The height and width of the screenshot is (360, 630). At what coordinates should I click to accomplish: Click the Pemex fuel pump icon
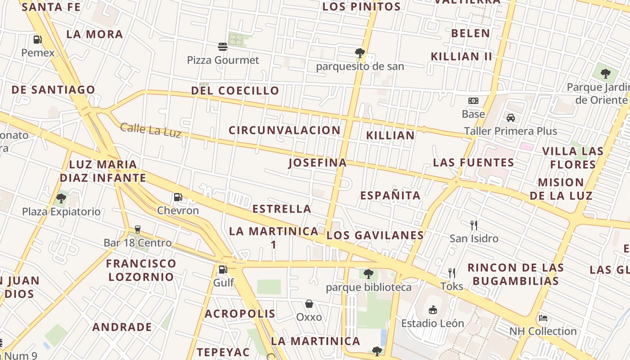(38, 40)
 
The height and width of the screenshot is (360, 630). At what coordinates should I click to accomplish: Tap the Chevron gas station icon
(178, 197)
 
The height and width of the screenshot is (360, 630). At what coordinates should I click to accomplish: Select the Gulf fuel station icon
(223, 270)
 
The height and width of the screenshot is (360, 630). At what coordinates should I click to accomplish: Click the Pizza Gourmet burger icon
(223, 46)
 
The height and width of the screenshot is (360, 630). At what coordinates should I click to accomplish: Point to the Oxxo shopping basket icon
(309, 304)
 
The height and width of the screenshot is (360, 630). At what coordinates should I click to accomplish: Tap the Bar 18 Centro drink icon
(138, 229)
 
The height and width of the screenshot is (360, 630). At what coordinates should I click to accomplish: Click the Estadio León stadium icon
(432, 310)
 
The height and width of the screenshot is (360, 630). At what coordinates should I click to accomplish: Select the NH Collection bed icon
(543, 318)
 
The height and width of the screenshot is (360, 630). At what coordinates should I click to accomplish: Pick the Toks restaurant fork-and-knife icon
(452, 273)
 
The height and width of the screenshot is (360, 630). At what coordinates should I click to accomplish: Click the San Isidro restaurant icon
(473, 225)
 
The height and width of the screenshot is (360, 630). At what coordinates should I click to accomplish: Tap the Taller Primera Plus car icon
(510, 118)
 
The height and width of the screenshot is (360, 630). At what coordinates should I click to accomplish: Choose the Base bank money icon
(473, 101)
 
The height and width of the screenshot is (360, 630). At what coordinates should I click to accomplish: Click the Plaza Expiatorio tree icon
(61, 198)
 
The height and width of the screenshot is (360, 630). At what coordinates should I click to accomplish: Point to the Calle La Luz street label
(151, 130)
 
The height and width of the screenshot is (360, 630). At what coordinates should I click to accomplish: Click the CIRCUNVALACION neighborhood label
(284, 130)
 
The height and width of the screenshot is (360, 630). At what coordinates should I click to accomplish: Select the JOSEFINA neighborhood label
(318, 163)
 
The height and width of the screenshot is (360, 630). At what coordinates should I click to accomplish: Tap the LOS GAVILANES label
(375, 235)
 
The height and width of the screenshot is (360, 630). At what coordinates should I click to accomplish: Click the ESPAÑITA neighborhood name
(390, 195)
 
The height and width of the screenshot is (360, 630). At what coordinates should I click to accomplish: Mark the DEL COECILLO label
(235, 90)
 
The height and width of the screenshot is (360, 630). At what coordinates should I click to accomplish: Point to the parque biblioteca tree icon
(369, 274)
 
